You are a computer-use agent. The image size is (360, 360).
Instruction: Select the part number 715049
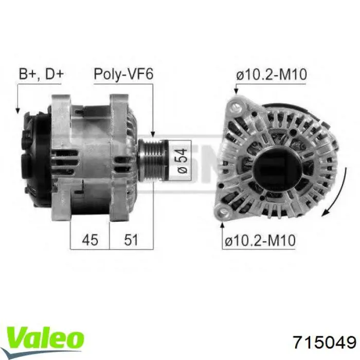pyautogui.click(x=325, y=343)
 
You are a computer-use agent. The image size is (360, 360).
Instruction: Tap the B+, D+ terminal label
pyautogui.click(x=41, y=74)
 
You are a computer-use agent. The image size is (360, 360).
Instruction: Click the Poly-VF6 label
pyautogui.click(x=123, y=74)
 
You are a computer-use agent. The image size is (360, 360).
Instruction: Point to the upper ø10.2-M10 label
pyautogui.click(x=272, y=75)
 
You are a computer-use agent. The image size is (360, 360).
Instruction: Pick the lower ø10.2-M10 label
pyautogui.click(x=260, y=240)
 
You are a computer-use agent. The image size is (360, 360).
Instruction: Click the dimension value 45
pyautogui.click(x=90, y=240)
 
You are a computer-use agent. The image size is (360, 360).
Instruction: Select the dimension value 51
pyautogui.click(x=131, y=240)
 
